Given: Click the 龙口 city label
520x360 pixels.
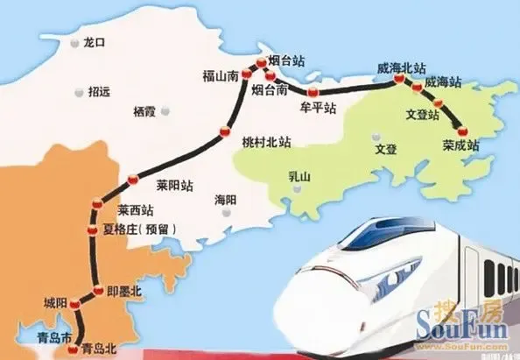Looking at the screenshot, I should (x=92, y=41).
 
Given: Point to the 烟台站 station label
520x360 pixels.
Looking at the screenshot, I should (x=285, y=62).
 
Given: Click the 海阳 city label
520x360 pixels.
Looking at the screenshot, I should (x=225, y=201).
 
